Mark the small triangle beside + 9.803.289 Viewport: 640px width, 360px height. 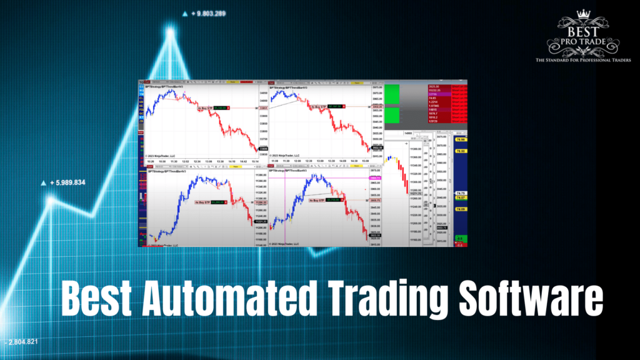(185, 13)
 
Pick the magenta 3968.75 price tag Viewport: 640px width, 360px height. (375, 178)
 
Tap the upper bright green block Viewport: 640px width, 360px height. (394, 94)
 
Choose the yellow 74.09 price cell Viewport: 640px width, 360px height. (461, 209)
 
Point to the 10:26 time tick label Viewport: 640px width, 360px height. (151, 161)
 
